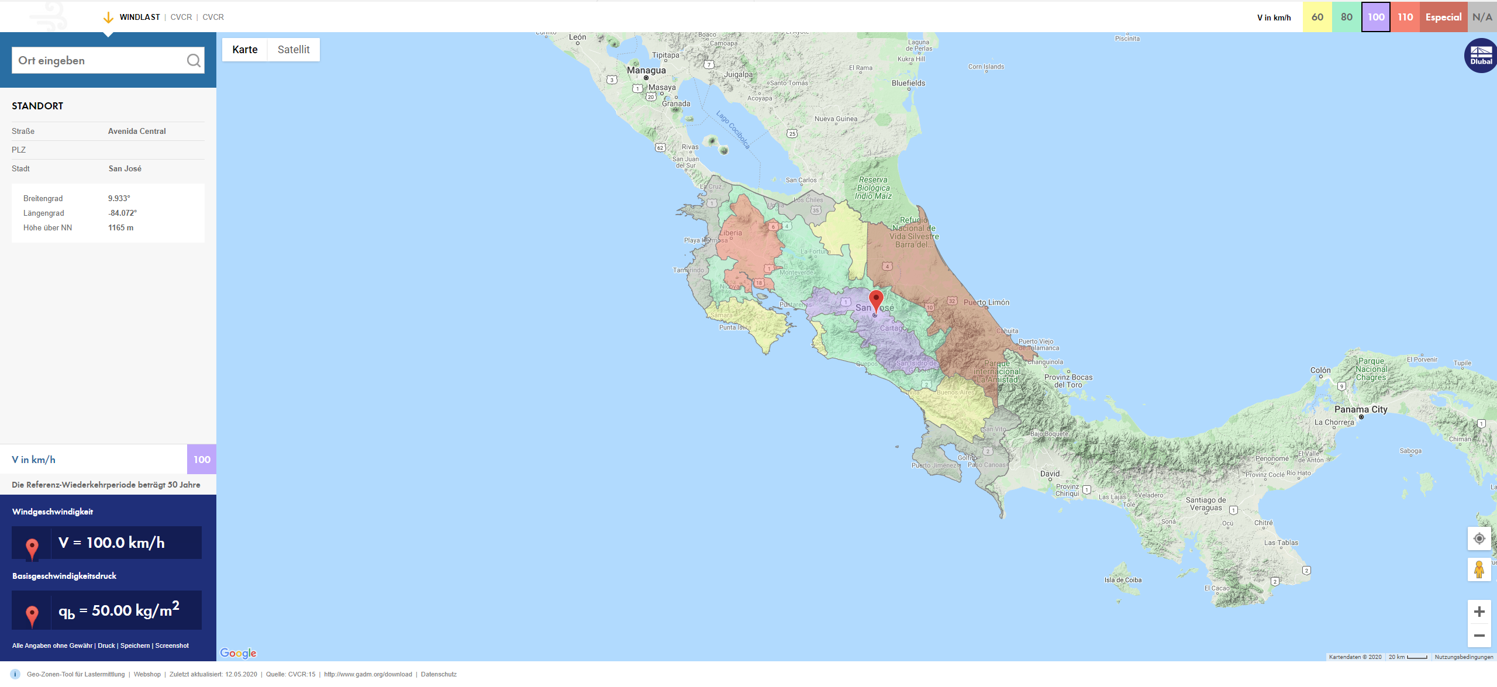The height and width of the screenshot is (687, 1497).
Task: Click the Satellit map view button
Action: [x=294, y=50]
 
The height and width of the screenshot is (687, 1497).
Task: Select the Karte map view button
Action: [x=244, y=50]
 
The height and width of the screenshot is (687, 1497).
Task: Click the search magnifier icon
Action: [x=194, y=60]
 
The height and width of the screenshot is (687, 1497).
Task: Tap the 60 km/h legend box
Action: [x=1317, y=17]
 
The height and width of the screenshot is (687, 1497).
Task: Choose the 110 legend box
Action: [x=1405, y=17]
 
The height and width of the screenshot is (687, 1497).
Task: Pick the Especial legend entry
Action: [x=1443, y=17]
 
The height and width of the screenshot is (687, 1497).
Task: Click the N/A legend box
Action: [x=1482, y=17]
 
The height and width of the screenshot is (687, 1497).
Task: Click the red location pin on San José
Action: [x=876, y=300]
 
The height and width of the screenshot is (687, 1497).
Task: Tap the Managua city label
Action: [x=646, y=70]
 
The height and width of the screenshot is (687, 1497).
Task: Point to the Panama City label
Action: [x=1361, y=409]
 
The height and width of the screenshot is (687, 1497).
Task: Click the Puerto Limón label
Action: [x=986, y=302]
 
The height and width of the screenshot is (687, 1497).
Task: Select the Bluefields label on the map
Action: [x=908, y=83]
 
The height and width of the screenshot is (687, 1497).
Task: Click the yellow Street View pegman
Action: [x=1479, y=569]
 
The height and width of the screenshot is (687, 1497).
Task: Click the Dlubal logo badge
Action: [x=1480, y=56]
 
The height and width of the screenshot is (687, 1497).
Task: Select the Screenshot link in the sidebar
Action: [x=172, y=645]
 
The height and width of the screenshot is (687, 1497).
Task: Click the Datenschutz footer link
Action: [x=439, y=674]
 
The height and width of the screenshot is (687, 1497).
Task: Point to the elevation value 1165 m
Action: [x=120, y=227]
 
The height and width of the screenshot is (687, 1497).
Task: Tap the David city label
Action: [x=1050, y=474]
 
